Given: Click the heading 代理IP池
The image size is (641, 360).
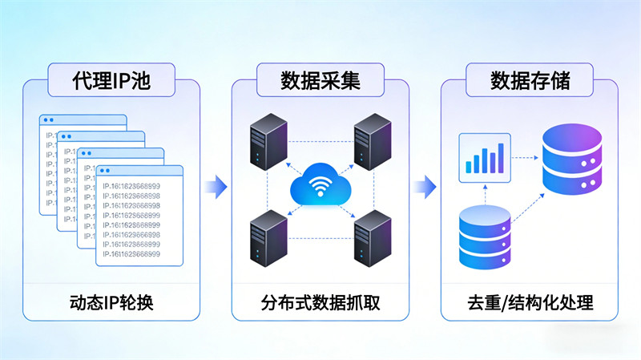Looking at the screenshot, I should [111, 81].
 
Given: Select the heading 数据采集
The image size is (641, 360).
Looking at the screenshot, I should [320, 81].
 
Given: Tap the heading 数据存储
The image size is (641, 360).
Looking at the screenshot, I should [530, 81].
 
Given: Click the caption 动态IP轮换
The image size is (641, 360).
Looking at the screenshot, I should [111, 303].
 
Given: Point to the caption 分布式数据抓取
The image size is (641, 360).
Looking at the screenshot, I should [320, 303].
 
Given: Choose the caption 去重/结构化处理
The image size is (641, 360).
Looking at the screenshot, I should [530, 303].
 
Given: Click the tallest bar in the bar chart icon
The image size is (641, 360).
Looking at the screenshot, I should [502, 157].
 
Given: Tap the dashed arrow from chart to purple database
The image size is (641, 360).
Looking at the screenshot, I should [525, 157].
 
